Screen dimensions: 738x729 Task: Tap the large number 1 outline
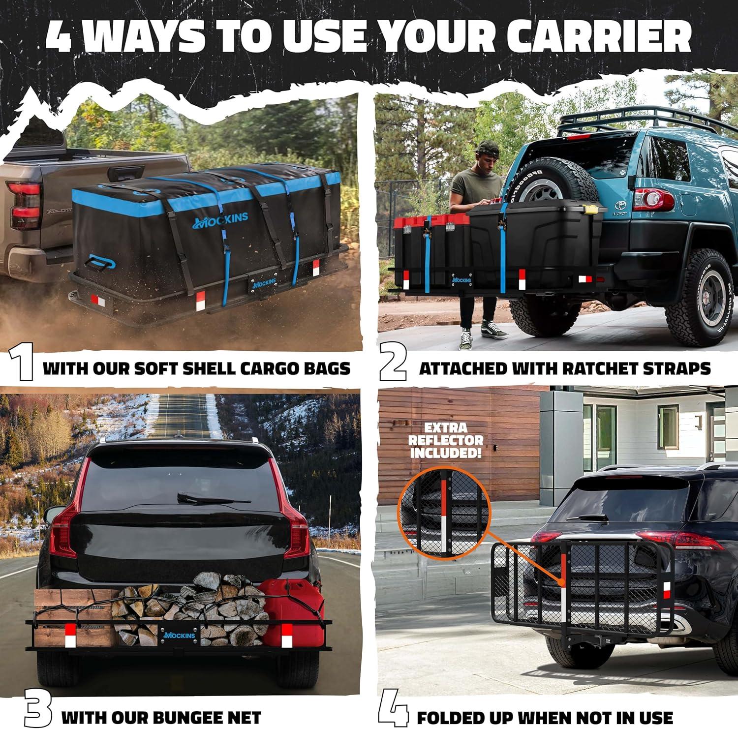tap(21, 368)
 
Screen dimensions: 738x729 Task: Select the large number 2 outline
tap(393, 368)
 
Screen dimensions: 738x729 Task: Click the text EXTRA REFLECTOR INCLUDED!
tap(447, 440)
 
